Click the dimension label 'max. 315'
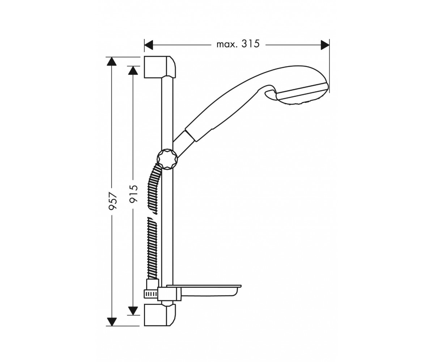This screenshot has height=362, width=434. [x=238, y=44]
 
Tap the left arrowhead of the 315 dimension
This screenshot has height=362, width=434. [x=149, y=45]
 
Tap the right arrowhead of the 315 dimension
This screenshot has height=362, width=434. [x=325, y=45]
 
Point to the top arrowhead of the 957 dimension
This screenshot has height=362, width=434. [x=112, y=62]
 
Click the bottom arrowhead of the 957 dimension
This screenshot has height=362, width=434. [x=112, y=328]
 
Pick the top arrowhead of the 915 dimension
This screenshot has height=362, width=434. [x=133, y=71]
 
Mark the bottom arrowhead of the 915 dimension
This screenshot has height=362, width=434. [x=133, y=311]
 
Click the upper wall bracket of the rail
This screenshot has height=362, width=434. [x=159, y=67]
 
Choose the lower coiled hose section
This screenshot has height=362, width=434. [x=152, y=248]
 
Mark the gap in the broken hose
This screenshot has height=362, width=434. [x=152, y=216]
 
